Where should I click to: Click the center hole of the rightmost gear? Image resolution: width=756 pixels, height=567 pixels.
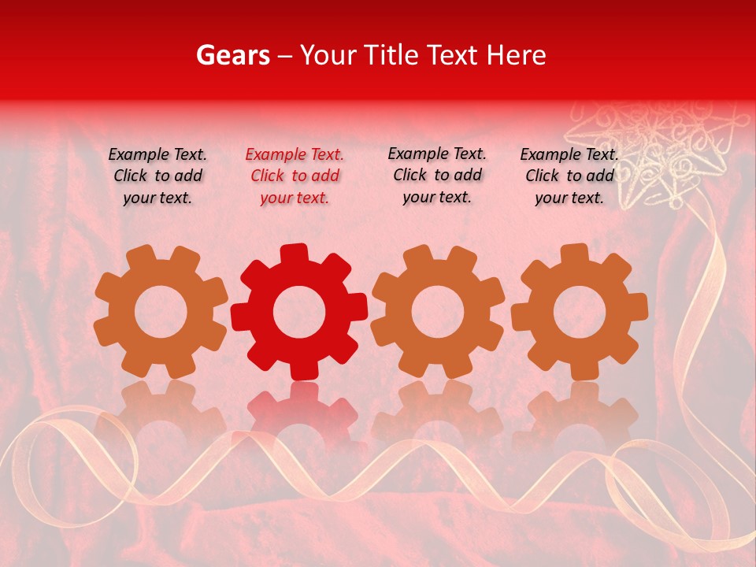tap(579, 312)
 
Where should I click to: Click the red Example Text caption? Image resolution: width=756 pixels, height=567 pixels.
tap(295, 176)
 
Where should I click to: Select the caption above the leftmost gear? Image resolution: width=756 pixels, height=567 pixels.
tap(157, 176)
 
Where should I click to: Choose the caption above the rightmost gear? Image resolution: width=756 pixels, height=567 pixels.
tap(569, 176)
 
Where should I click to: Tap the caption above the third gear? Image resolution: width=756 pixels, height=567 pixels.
tap(437, 176)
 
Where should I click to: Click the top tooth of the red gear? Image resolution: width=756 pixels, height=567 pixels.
tap(293, 254)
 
